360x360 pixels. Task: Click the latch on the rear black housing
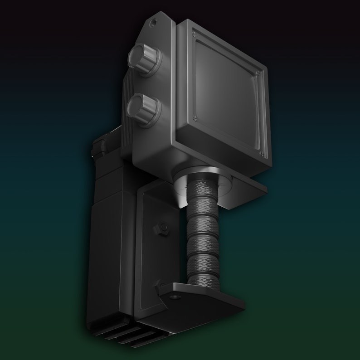click(x=99, y=147)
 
